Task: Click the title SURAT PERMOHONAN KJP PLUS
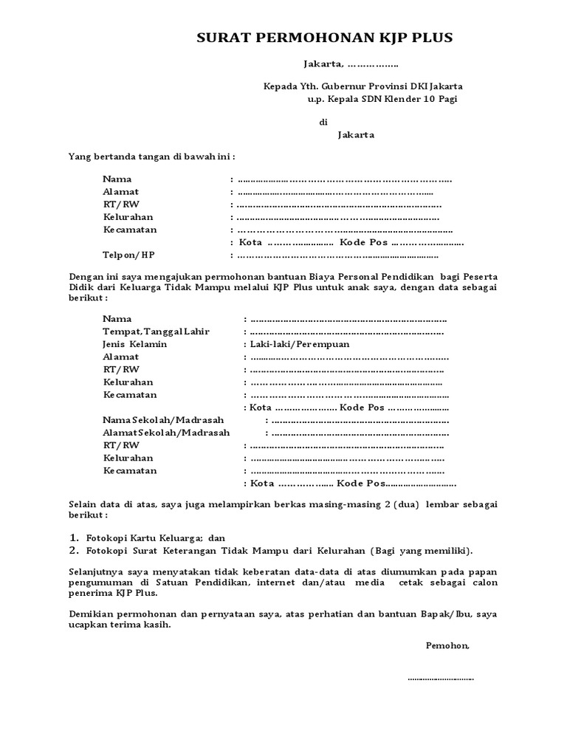tap(324, 38)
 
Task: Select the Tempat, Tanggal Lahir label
tap(156, 331)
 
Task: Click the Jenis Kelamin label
tap(135, 344)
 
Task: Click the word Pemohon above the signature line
tap(447, 645)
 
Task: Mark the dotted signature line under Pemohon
tap(441, 678)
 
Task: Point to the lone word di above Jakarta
tap(323, 122)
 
